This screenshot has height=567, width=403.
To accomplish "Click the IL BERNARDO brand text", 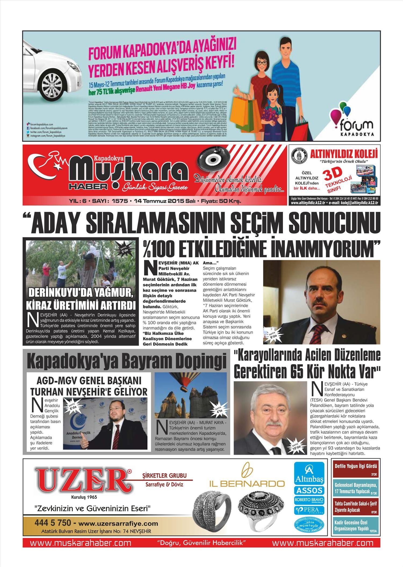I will [247, 484].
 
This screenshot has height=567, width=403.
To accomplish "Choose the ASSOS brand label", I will [309, 490].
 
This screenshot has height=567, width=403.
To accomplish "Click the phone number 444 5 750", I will [53, 523].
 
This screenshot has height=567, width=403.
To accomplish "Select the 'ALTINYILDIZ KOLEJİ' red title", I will [344, 155].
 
